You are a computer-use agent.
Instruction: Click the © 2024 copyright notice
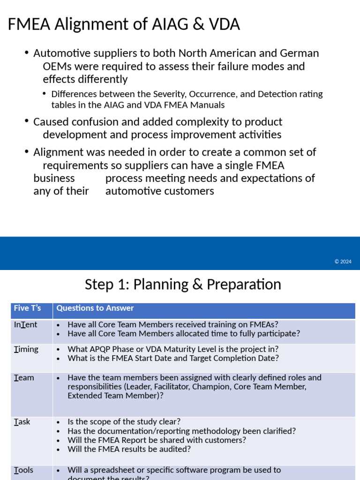343,262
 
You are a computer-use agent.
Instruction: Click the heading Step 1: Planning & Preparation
183,285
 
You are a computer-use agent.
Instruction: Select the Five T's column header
27,308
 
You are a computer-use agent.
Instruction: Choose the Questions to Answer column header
95,308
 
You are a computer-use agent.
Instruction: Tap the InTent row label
25,324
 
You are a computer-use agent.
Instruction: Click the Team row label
24,377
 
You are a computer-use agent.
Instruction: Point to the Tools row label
23,470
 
